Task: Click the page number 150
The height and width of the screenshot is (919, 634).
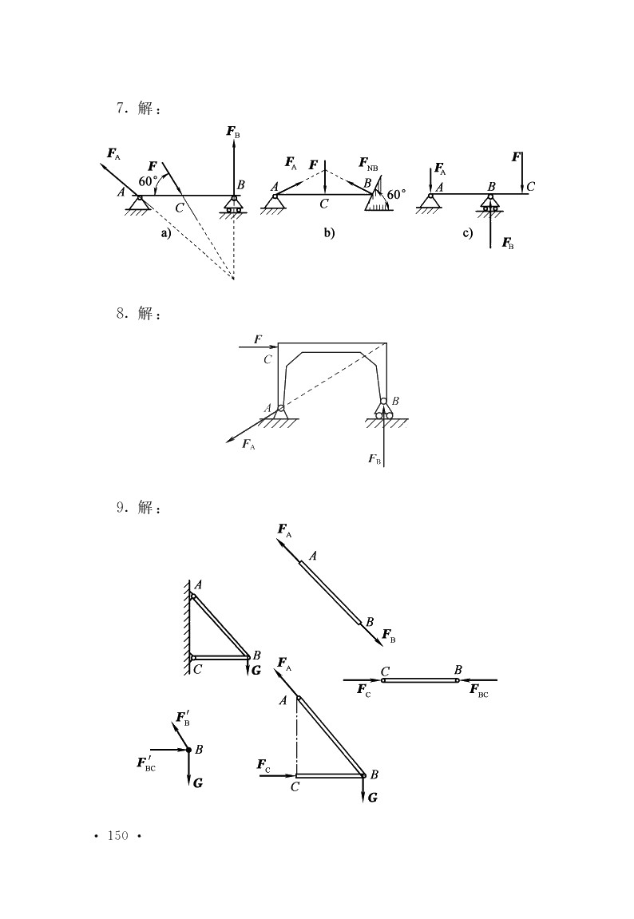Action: coord(117,836)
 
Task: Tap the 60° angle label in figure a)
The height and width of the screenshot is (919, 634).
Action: coord(149,182)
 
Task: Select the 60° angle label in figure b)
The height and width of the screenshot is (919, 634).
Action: coord(397,194)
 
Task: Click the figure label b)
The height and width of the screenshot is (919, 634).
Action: coord(329,233)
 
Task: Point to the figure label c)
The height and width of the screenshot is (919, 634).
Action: coord(468,233)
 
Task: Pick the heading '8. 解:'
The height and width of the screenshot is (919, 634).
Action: coord(138,314)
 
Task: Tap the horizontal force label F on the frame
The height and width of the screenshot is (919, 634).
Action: coord(258,339)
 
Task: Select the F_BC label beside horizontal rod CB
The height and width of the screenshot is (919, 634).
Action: coord(479,690)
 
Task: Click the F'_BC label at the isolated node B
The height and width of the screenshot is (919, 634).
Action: coord(146,763)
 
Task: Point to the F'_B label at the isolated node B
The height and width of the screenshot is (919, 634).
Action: coord(183,719)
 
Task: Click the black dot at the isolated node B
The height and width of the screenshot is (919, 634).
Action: coord(188,750)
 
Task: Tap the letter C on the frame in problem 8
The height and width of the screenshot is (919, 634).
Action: coord(267,359)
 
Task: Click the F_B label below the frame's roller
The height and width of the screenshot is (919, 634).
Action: coord(374,459)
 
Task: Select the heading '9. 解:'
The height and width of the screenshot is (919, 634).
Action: coord(138,508)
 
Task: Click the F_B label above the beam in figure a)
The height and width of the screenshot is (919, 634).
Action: coord(233,132)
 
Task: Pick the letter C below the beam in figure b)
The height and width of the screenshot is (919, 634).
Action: coord(324,204)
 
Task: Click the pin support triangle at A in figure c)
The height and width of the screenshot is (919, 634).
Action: coord(430,201)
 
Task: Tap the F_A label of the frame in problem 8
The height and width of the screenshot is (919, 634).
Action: coord(248,444)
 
